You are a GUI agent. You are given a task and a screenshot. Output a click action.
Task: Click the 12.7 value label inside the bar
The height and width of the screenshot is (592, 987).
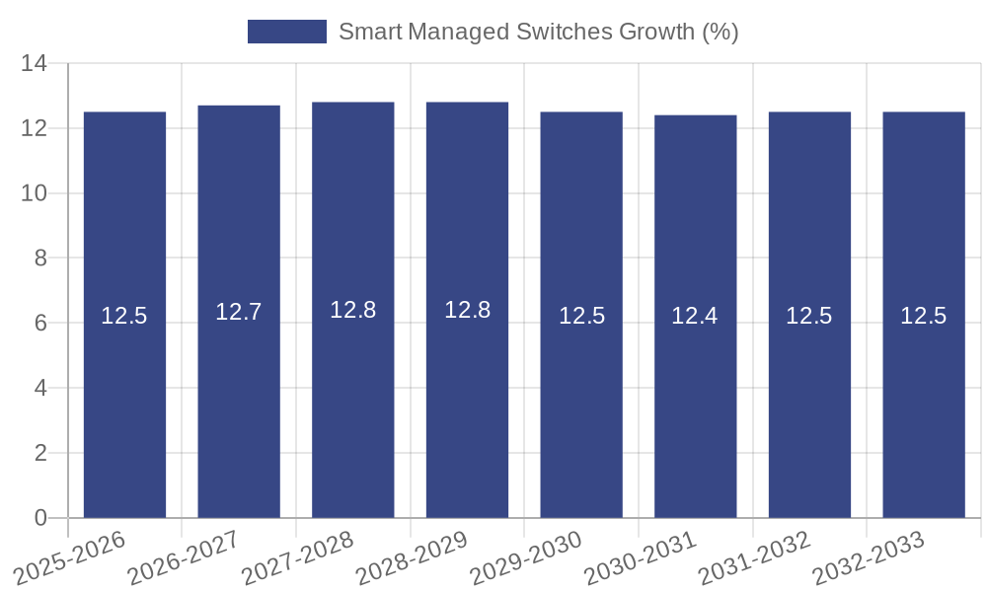[x=239, y=312]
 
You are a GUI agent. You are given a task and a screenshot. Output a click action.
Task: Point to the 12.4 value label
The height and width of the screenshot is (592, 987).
[x=695, y=316]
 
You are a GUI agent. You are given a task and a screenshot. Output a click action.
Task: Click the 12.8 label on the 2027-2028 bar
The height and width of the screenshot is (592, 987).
[x=352, y=310]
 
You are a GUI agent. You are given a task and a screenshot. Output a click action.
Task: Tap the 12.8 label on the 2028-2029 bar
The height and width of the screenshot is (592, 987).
[x=467, y=310]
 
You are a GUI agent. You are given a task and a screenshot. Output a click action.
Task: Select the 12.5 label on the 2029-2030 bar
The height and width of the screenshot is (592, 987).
[x=581, y=316]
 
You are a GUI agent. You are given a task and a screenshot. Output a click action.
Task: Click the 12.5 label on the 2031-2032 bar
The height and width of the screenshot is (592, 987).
[x=809, y=316]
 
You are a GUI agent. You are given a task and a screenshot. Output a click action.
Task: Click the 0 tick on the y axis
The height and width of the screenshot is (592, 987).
[x=40, y=518]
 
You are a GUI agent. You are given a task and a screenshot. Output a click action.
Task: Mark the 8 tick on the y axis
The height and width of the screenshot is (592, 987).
[x=40, y=259]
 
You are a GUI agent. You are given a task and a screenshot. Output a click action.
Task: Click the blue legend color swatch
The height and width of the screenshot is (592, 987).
[x=286, y=32]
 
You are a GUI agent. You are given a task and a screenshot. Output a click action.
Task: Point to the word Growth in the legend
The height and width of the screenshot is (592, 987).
[x=656, y=32]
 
